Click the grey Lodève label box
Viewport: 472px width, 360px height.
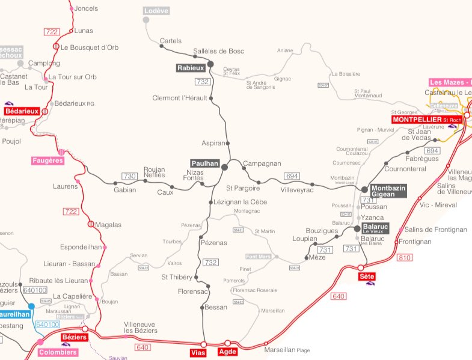157,11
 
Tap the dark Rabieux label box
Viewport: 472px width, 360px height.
191,68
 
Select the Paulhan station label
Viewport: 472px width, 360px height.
204,163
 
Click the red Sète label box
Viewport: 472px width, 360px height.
366,276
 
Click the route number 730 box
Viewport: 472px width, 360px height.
129,176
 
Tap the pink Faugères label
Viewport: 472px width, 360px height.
47,160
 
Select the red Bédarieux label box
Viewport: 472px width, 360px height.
22,111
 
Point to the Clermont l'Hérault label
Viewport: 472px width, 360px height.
180,98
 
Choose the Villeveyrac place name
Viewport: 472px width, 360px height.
297,190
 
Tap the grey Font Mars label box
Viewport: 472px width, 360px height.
259,257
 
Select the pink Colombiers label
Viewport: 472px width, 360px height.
58,352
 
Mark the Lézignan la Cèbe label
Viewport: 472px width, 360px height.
241,202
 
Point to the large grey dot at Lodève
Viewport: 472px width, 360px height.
146,20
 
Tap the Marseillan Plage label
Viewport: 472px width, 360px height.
286,350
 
